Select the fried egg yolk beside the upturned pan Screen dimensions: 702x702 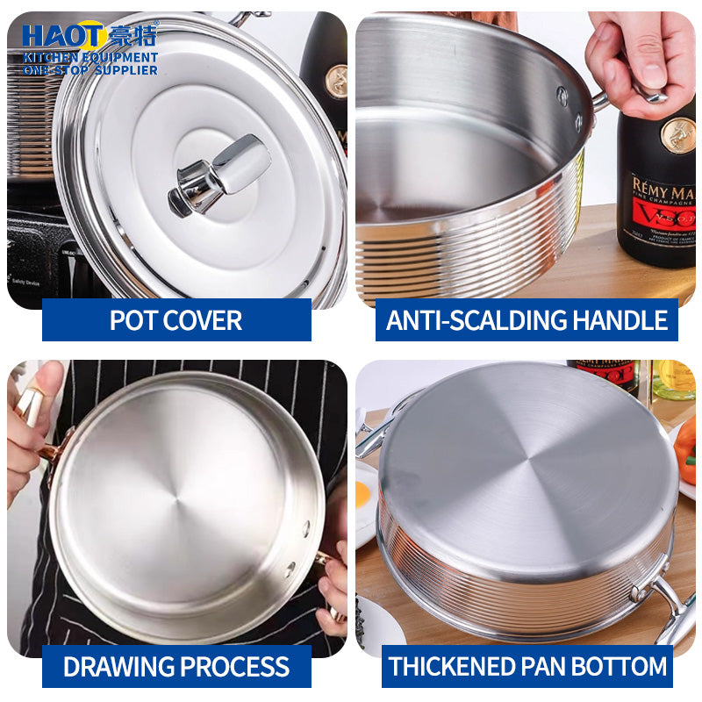[x=362, y=494]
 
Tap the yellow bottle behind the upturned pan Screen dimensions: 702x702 [x=673, y=379]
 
